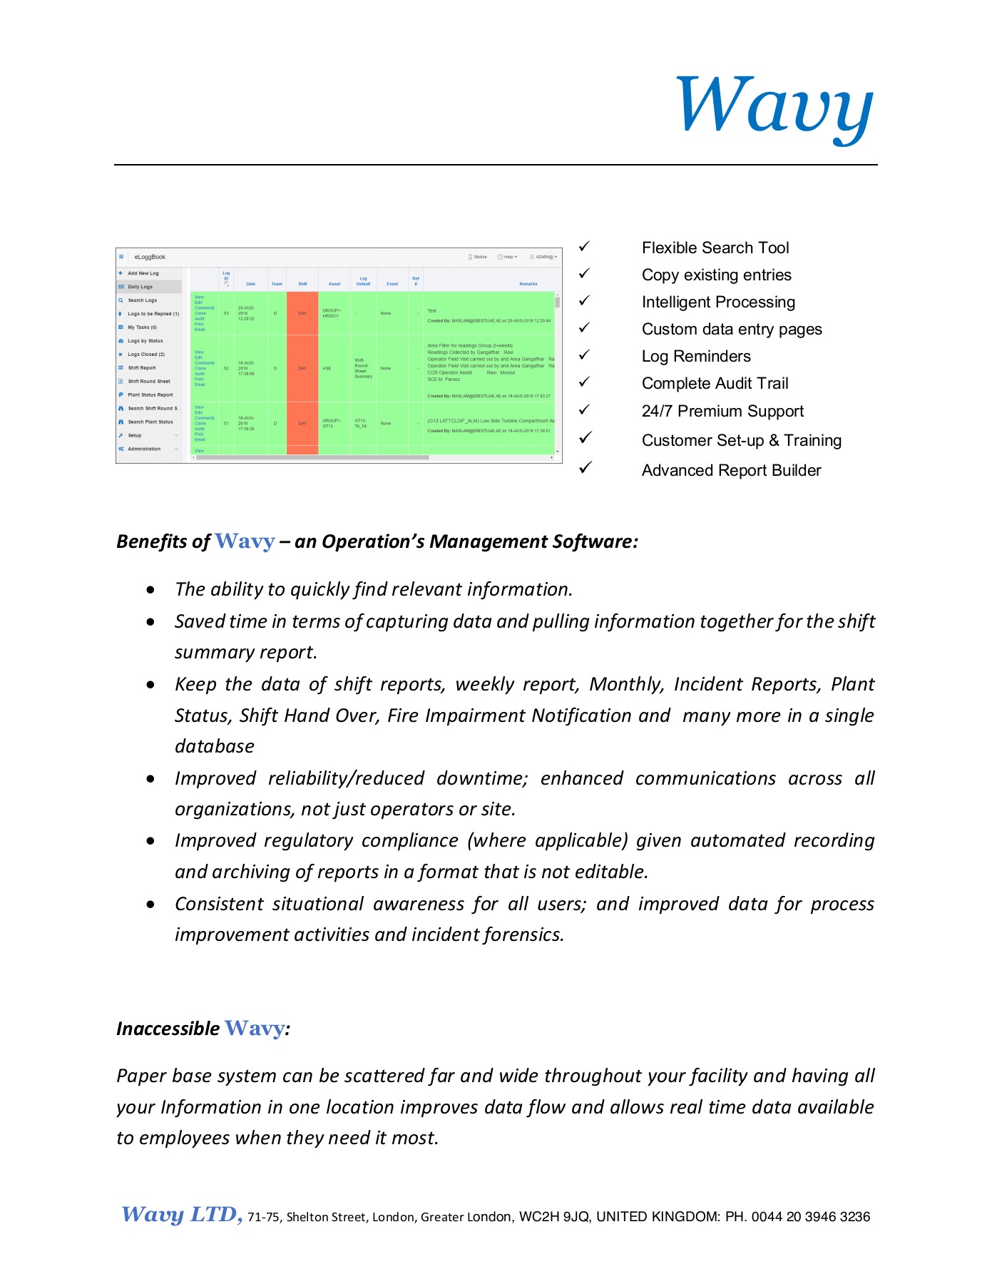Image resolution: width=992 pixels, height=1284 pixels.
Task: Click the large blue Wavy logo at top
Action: (x=774, y=108)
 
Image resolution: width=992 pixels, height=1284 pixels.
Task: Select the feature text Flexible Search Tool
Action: (x=715, y=248)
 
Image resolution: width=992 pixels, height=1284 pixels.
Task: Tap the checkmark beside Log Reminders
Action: (x=584, y=355)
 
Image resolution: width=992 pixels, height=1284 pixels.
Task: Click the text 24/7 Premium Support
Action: (x=722, y=412)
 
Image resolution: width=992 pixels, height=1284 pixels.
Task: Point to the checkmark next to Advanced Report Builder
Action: (x=586, y=468)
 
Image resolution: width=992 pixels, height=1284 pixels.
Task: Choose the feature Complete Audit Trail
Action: (x=715, y=384)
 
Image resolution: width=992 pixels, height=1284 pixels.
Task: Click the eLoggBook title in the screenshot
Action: (x=150, y=257)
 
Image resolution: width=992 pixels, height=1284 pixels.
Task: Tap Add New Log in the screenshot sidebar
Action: (x=143, y=273)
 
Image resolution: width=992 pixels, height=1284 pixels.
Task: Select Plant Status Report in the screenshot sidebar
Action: (x=150, y=394)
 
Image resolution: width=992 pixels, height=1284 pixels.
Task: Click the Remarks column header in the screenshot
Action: (x=528, y=284)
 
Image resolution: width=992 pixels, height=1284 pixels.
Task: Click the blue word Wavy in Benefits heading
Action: (x=245, y=541)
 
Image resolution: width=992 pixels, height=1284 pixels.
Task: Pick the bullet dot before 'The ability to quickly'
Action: (x=150, y=590)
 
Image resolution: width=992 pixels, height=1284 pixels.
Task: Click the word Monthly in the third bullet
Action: (x=626, y=684)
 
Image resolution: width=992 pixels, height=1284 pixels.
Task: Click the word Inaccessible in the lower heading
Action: (x=168, y=1029)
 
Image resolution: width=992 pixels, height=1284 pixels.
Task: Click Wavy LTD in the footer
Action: (x=181, y=1215)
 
